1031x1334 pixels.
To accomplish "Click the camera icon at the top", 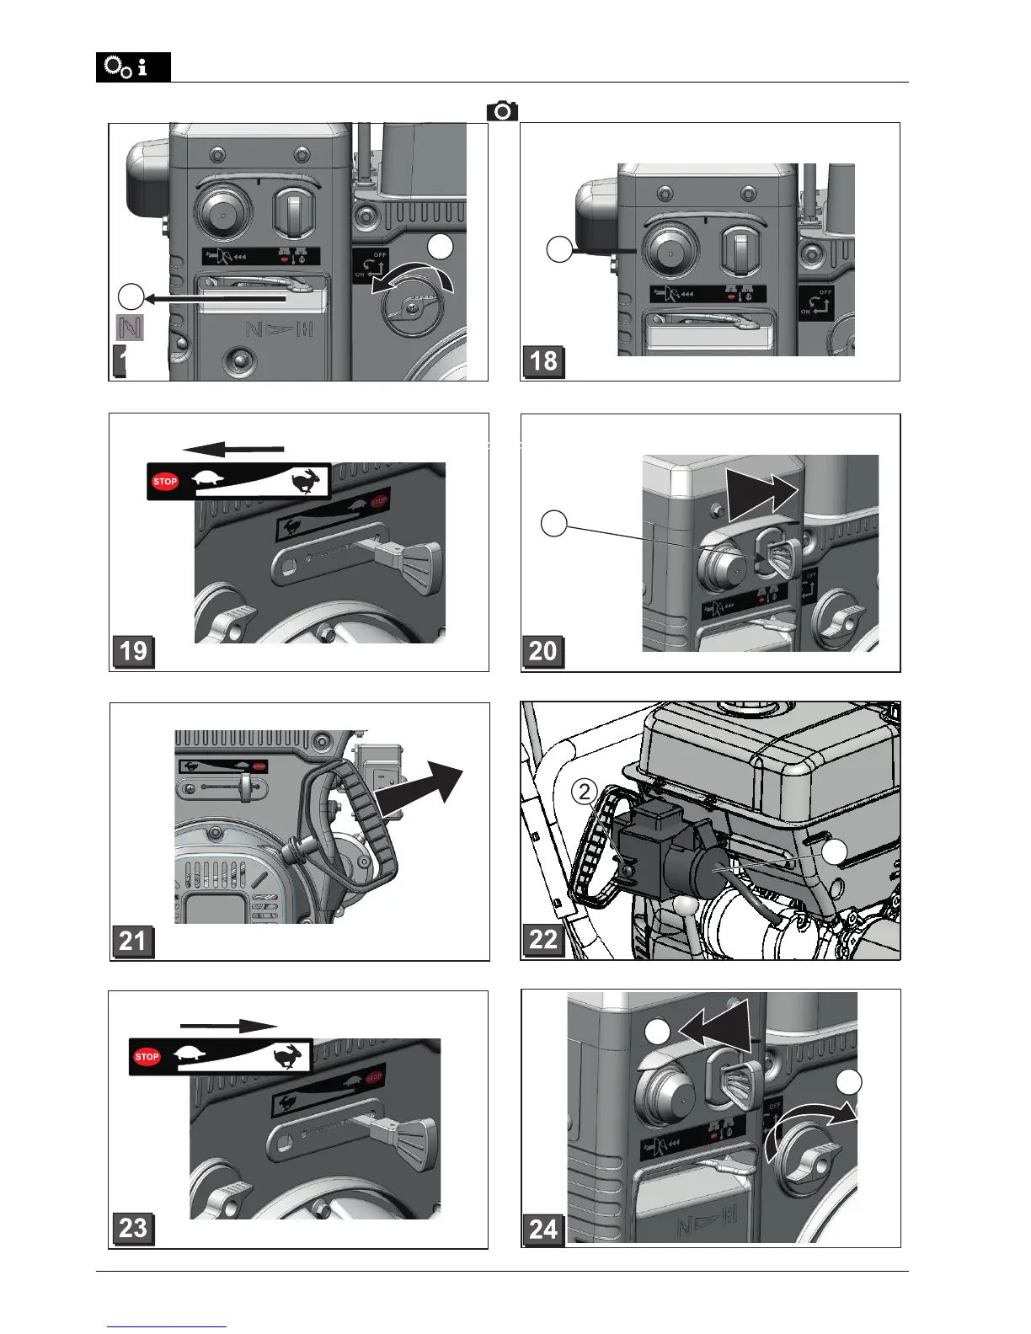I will click(502, 111).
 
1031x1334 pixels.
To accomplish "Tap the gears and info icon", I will click(132, 67).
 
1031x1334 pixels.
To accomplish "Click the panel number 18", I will click(542, 361).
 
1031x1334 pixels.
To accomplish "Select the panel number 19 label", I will click(133, 651).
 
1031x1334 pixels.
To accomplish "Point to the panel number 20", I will click(542, 651).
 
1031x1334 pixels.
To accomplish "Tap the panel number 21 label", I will click(132, 940).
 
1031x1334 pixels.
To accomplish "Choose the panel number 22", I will click(542, 940).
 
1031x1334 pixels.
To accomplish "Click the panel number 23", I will click(133, 1228).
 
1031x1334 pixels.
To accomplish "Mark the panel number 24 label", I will click(542, 1230).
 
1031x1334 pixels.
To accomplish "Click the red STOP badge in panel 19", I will click(165, 482).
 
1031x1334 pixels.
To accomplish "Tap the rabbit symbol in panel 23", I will click(291, 1056).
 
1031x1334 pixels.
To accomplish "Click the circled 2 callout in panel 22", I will click(585, 792).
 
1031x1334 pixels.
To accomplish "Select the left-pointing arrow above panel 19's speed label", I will click(233, 449).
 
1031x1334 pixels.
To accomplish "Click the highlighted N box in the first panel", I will click(130, 327).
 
